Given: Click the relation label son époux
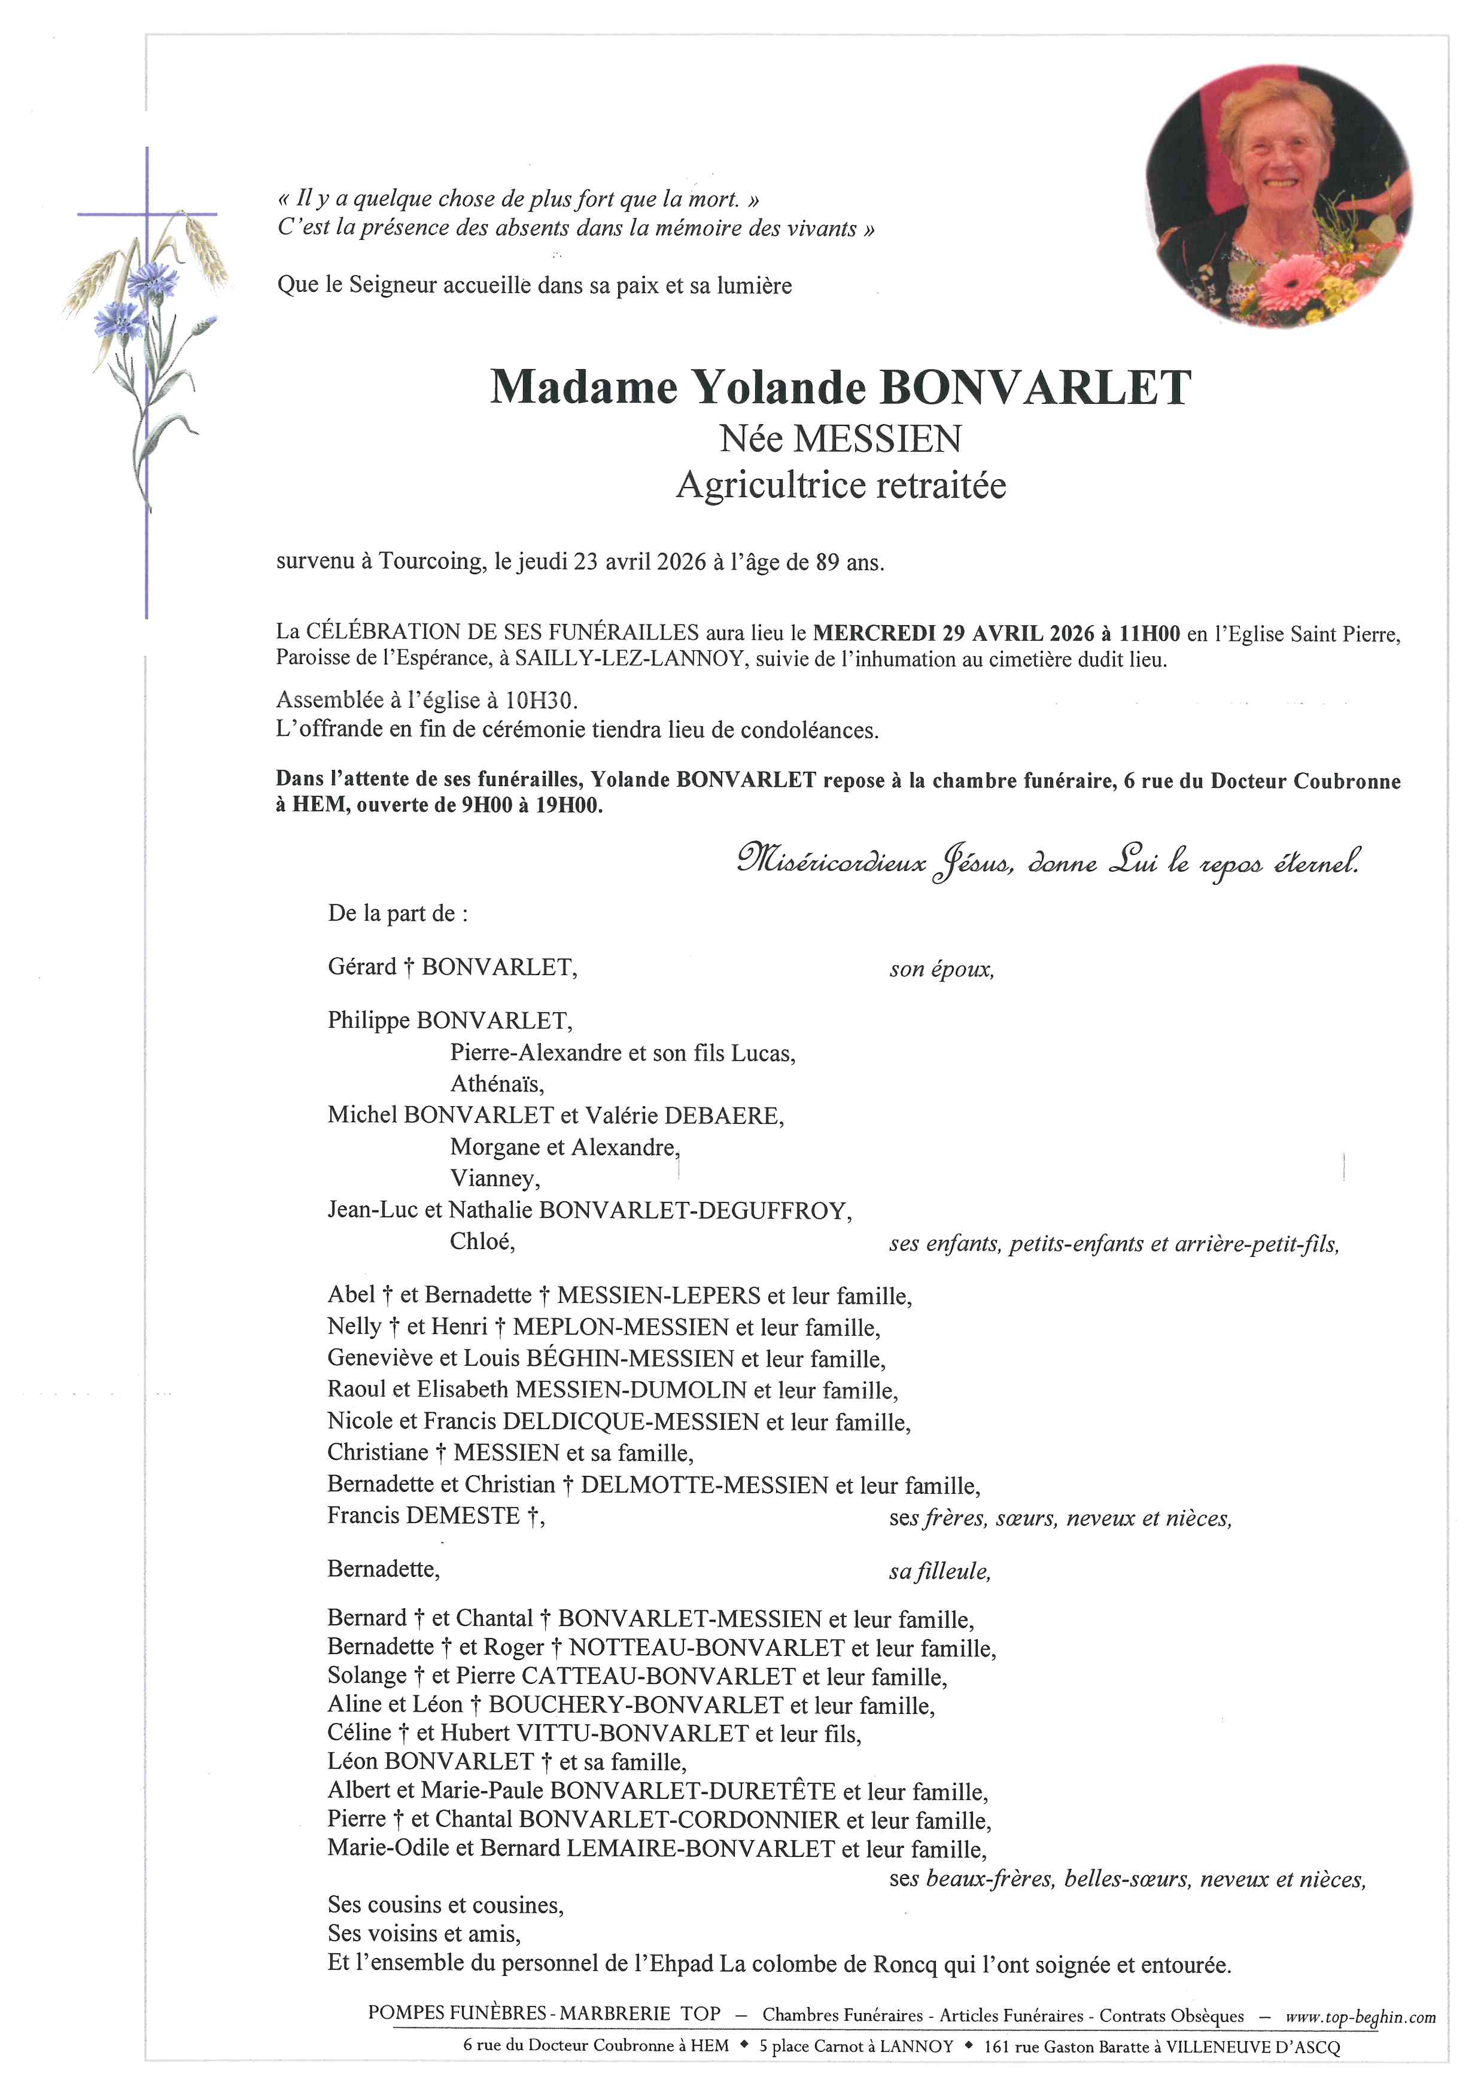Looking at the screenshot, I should pos(941,970).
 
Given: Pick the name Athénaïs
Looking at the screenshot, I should pos(496,1085).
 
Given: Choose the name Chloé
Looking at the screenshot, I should pos(482,1242).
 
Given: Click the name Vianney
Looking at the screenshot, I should pos(494,1179).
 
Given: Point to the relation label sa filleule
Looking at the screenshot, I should pos(939,1572).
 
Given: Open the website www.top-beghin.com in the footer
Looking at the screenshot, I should pos(1360,2017).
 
